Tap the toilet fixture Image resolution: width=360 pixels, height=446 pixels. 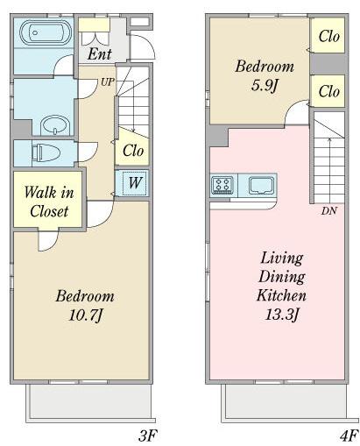tap(46, 153)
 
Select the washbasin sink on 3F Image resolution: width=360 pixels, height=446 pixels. tap(55, 125)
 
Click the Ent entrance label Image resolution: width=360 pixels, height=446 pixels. tap(100, 54)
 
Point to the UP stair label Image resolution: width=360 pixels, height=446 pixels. tap(108, 82)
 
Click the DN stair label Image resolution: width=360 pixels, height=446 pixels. tap(329, 210)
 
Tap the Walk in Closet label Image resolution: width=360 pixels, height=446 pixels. tap(49, 202)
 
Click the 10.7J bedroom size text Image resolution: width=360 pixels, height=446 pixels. tap(86, 315)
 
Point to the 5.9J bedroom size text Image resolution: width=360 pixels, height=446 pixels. tap(265, 85)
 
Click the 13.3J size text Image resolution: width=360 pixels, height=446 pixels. tap(282, 315)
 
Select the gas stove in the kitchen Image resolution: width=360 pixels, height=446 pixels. tap(222, 185)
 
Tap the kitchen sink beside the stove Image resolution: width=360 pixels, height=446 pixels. tap(261, 186)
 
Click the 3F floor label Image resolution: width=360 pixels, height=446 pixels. tap(148, 435)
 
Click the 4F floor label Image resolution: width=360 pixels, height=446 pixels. tap(349, 435)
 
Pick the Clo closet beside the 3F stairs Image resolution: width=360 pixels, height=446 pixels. tap(133, 151)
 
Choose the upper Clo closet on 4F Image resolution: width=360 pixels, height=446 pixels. tap(328, 36)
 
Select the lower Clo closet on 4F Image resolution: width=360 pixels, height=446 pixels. tap(328, 91)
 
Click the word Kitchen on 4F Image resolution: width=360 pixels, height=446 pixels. tap(282, 295)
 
